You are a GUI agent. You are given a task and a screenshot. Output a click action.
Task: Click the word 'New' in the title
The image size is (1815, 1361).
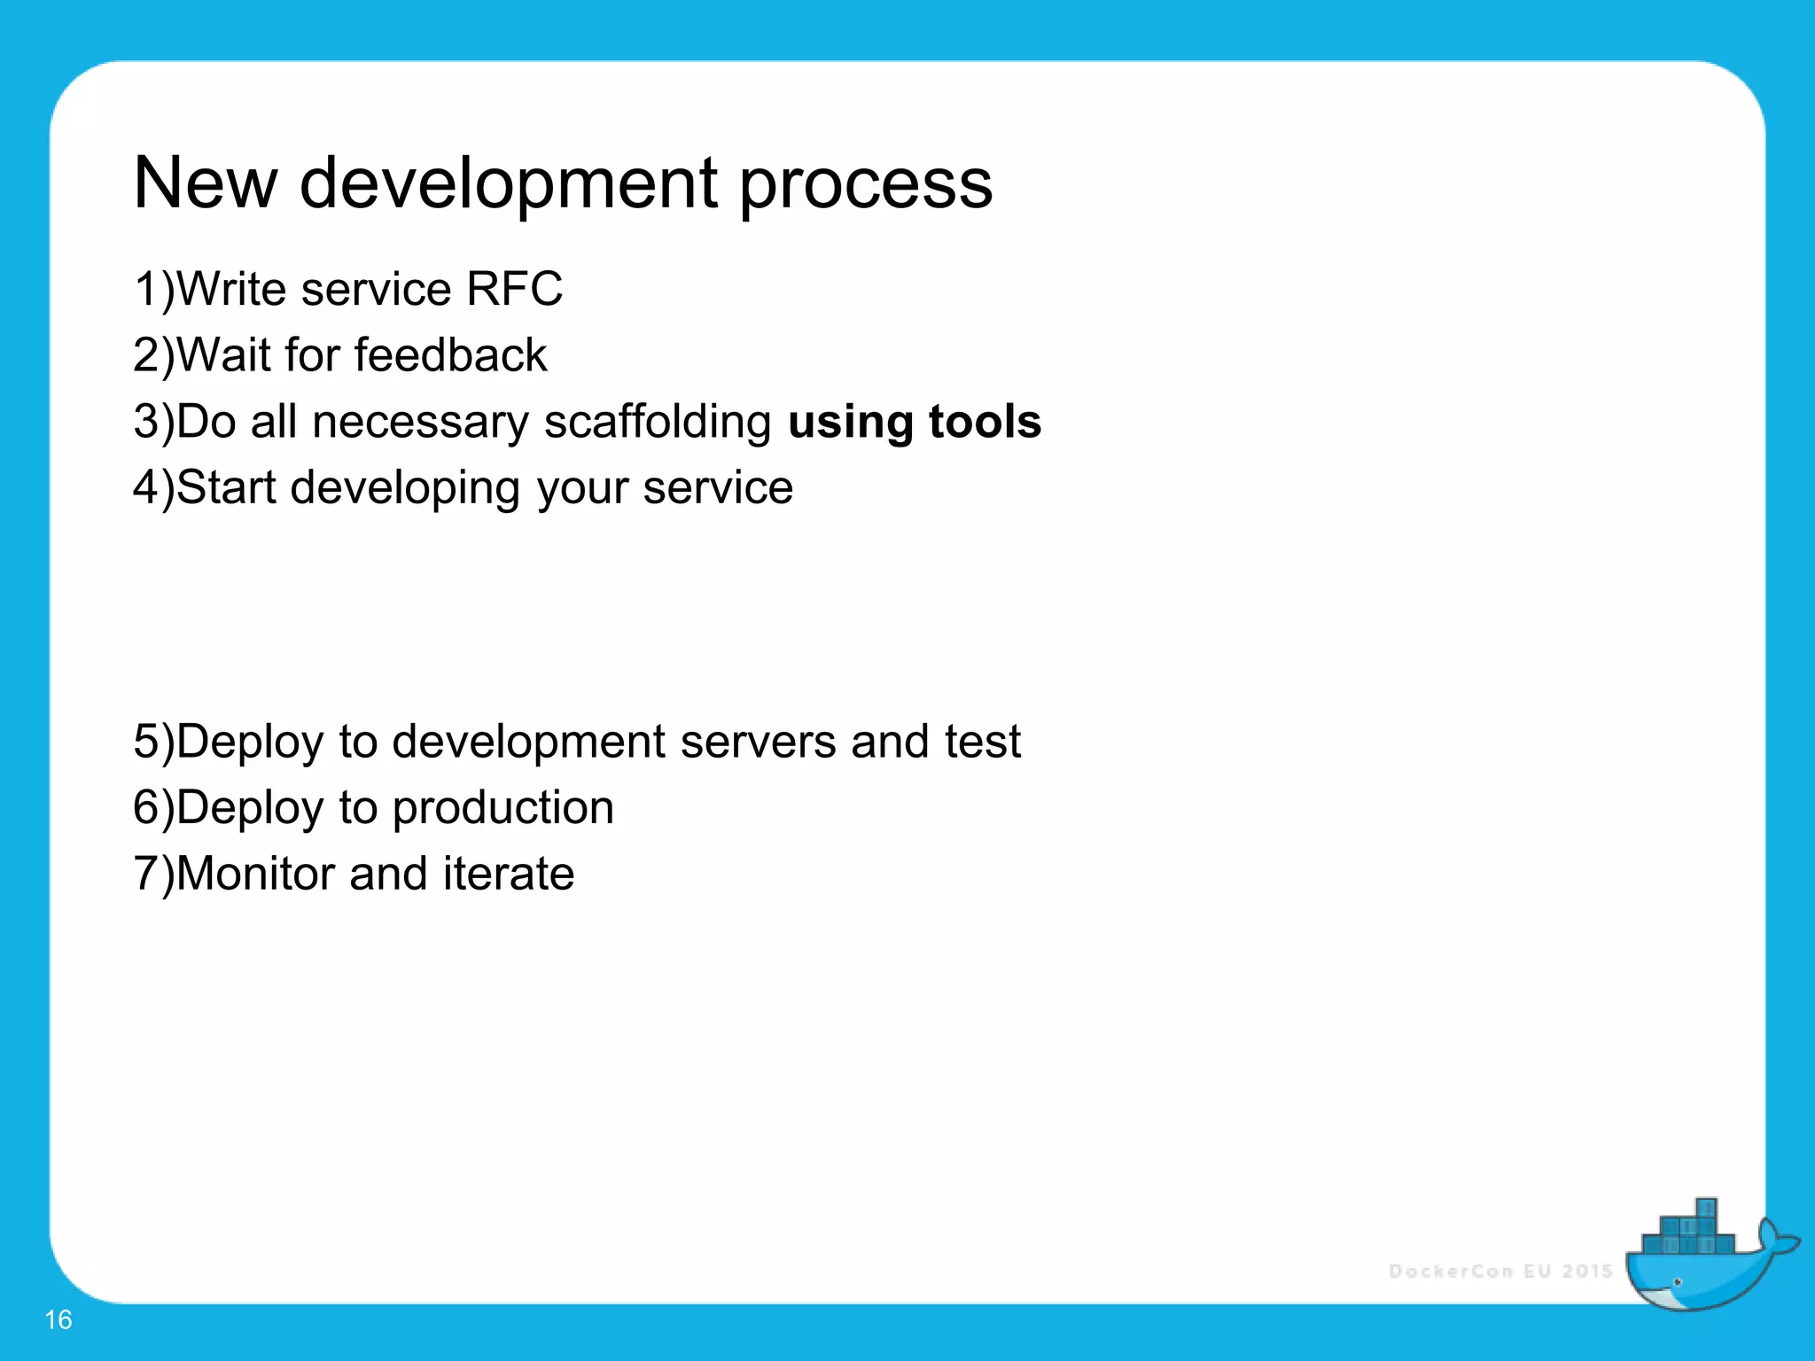click(x=206, y=183)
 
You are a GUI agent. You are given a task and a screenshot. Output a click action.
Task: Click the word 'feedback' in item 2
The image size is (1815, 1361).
click(x=450, y=355)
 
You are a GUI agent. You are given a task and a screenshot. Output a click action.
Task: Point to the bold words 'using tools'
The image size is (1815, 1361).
click(x=914, y=422)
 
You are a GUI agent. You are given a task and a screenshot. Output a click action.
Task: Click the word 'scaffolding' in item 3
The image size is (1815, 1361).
click(x=658, y=422)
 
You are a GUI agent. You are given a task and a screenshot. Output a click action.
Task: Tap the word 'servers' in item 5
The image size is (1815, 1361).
click(x=757, y=742)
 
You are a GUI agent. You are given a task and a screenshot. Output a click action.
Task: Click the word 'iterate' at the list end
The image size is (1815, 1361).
click(x=509, y=875)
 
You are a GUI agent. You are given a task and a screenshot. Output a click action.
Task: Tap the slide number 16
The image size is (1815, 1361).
click(x=58, y=1319)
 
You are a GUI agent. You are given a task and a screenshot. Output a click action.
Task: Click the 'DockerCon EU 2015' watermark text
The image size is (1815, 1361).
click(x=1500, y=1272)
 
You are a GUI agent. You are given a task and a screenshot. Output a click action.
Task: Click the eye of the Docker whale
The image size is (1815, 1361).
click(x=1678, y=1282)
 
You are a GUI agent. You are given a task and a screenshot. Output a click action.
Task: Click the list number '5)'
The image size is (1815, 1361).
click(x=153, y=742)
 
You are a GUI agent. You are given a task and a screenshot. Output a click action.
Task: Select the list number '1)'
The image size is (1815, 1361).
click(x=153, y=290)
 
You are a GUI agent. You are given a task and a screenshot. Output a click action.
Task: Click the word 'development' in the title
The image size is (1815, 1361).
click(x=509, y=183)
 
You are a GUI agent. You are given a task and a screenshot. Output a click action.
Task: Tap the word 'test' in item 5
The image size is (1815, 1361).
click(x=982, y=742)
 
